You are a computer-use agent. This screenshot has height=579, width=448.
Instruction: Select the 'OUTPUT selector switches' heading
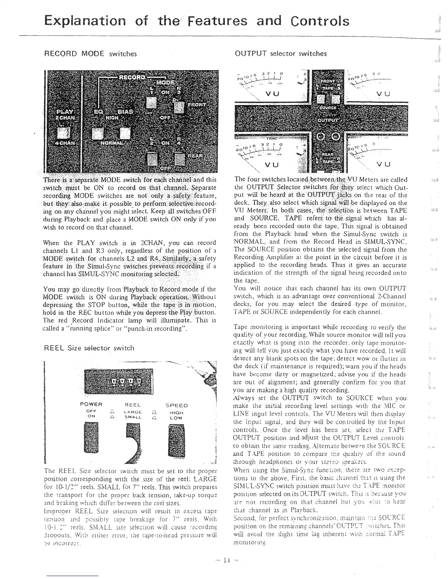[x=280, y=54]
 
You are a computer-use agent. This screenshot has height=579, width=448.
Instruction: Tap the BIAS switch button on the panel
[x=125, y=134]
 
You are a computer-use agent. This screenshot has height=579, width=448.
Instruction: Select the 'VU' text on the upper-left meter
[x=272, y=94]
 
